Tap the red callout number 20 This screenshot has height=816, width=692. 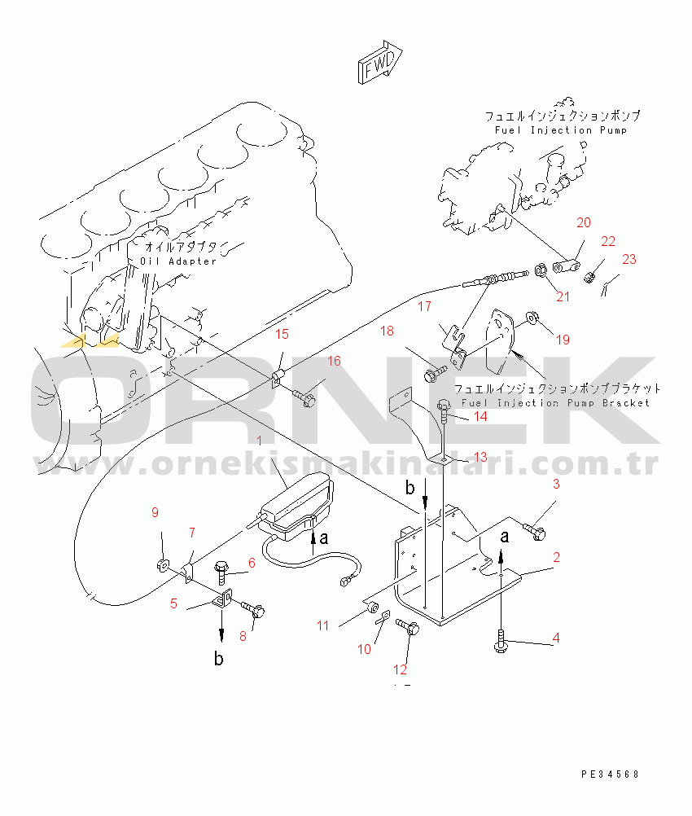[584, 223]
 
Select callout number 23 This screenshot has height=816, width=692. [629, 259]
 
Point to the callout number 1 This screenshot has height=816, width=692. [260, 441]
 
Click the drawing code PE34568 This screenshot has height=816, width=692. [610, 774]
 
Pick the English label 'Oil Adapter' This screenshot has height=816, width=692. [178, 261]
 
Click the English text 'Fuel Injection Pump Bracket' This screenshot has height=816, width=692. [556, 403]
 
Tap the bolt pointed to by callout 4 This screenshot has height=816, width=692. [501, 641]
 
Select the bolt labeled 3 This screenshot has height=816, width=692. [534, 531]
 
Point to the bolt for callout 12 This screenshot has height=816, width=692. [408, 626]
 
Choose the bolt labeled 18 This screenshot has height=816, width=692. [436, 374]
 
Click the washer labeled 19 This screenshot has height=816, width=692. [532, 317]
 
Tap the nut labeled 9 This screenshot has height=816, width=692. [162, 564]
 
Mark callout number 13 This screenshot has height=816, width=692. [480, 457]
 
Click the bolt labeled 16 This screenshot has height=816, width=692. [304, 398]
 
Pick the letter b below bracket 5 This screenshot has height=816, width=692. [219, 659]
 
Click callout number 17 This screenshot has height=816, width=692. [425, 306]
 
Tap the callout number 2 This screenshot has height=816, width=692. [556, 557]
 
